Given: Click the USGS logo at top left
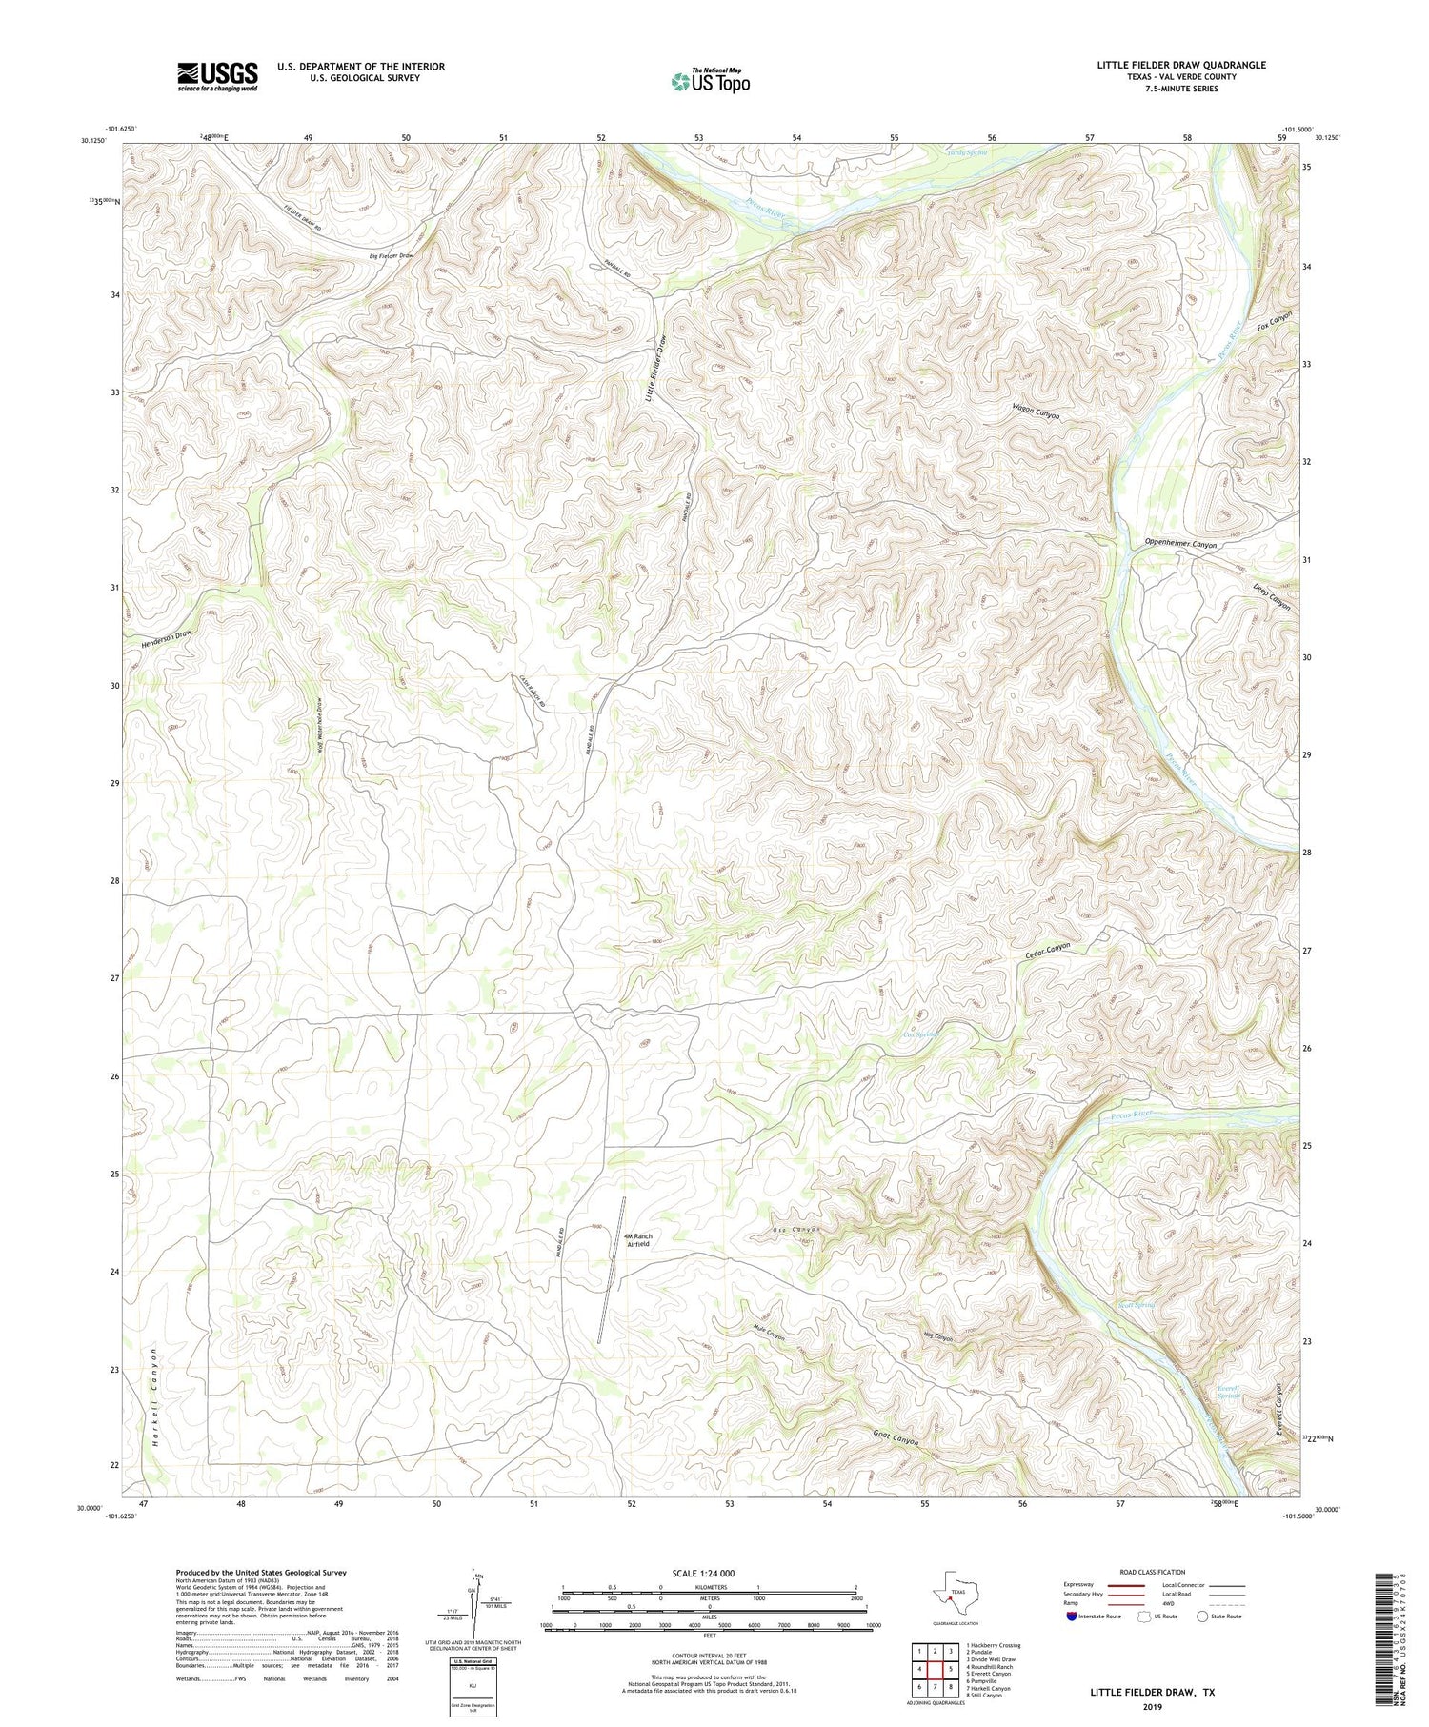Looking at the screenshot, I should pos(217,76).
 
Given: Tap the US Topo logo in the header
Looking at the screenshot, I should pos(710,81).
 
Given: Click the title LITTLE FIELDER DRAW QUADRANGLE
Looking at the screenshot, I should pos(1180,65).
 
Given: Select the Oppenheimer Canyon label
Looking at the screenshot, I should pos(1180,544).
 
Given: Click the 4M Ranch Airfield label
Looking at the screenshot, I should pos(636,1240).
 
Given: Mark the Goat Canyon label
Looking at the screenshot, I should pos(896,1437).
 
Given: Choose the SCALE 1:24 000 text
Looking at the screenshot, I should pos(709,1573).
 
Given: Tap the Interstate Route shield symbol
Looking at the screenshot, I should pos(1072,1617).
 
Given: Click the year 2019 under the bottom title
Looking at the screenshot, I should pos(1152,1706).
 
